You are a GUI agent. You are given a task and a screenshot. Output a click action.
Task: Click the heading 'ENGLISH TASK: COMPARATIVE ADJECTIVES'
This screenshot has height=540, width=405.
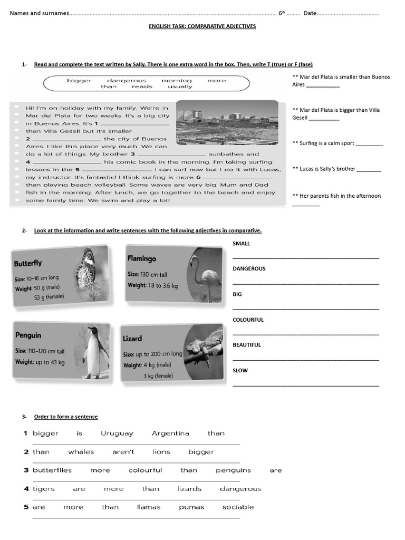tap(203, 26)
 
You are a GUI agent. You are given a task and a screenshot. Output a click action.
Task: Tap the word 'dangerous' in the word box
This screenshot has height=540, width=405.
tap(127, 81)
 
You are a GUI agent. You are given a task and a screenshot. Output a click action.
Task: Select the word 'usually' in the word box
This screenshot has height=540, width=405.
tap(180, 86)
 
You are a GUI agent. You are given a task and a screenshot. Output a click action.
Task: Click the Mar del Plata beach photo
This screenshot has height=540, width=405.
tap(227, 122)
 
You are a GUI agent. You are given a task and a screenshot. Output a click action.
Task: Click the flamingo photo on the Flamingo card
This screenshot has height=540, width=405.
tap(205, 274)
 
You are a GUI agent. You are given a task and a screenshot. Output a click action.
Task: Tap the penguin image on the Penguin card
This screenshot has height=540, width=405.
tap(94, 352)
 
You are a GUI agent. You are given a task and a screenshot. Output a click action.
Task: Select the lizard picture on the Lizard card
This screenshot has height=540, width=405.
tap(204, 348)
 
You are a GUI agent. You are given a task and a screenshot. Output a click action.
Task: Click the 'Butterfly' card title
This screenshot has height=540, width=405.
tap(28, 263)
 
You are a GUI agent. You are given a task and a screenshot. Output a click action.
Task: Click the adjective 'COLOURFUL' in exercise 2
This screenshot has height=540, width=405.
tap(248, 320)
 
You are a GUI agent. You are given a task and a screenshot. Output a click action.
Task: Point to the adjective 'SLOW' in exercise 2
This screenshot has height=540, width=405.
tap(240, 370)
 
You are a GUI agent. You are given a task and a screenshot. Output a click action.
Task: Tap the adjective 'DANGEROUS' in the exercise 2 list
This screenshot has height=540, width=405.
tap(249, 268)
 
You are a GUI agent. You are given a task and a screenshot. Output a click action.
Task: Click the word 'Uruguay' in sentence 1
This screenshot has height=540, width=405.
tap(117, 433)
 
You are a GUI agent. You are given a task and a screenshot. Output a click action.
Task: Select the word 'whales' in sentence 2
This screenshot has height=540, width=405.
tap(81, 452)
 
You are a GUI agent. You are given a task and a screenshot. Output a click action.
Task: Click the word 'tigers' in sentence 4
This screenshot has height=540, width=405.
tap(43, 489)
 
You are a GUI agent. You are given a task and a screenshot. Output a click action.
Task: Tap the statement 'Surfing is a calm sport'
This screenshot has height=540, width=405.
tap(326, 143)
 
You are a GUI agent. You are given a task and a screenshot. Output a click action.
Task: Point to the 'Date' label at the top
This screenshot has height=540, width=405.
tap(310, 13)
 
